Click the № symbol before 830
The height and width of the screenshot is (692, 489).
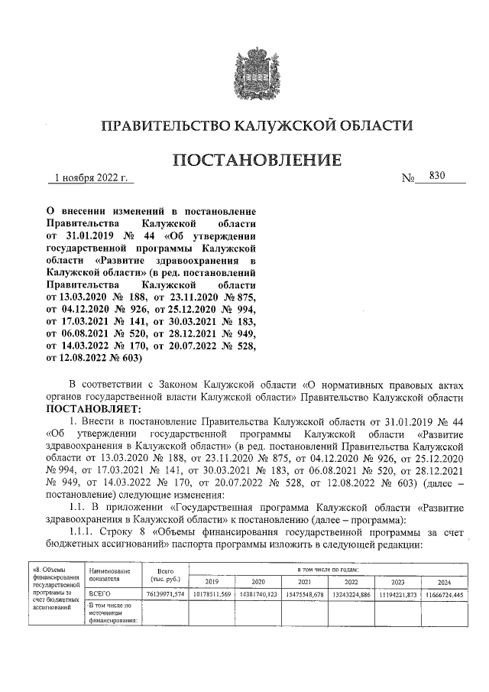tap(408, 179)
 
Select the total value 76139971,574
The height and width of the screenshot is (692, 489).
tap(165, 594)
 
